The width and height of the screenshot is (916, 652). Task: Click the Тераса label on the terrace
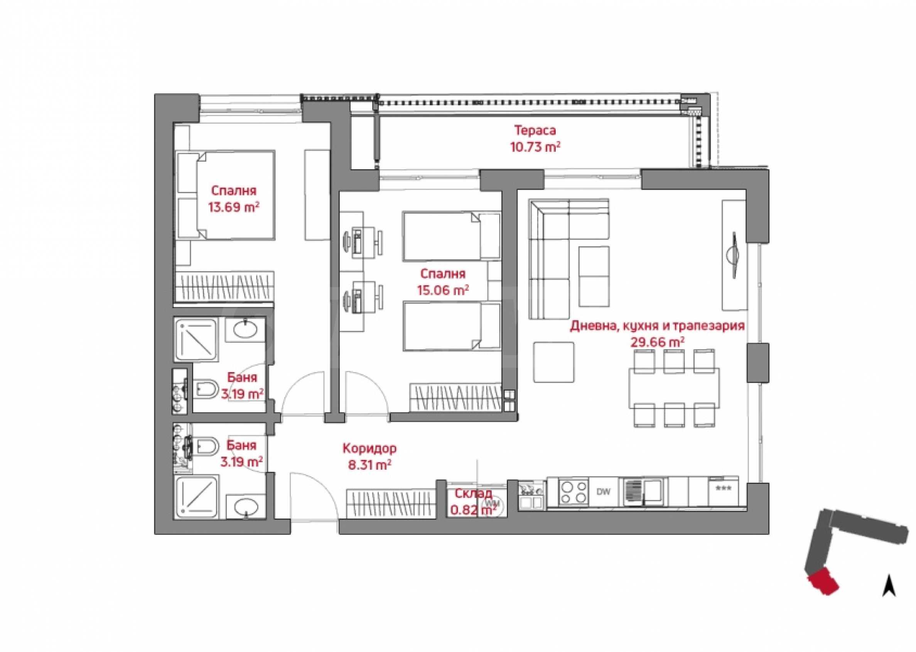coord(535,131)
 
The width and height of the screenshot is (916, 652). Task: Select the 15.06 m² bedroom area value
coord(443,290)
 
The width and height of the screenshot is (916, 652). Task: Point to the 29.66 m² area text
coord(657,342)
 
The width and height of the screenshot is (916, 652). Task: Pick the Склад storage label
coord(474,494)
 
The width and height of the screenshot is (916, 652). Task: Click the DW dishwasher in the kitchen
coord(603,492)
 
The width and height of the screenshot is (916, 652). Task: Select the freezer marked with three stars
coord(723,491)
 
